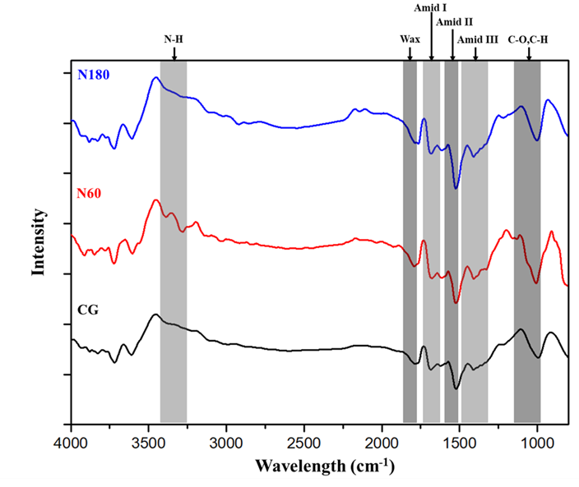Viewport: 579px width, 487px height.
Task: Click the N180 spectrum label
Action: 94,75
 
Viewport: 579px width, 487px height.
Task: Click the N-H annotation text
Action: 174,39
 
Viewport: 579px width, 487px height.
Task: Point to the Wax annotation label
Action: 410,39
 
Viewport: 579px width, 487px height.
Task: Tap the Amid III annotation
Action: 478,39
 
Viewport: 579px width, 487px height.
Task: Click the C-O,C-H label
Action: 530,39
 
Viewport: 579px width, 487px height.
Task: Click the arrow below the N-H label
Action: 174,53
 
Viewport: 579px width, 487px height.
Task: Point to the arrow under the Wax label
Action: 410,53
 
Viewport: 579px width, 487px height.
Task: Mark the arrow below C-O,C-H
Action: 529,53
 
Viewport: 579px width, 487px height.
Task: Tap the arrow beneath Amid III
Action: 476,53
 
